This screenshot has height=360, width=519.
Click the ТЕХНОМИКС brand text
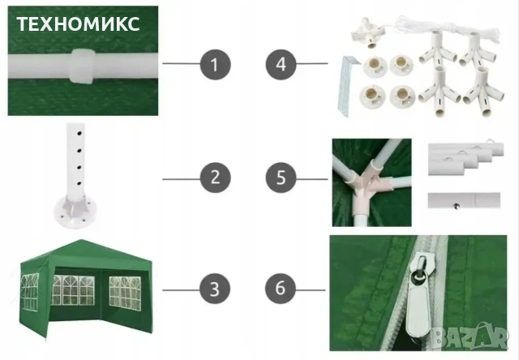point(78,24)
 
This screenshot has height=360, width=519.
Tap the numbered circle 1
point(215,65)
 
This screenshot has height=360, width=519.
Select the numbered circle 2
point(215,178)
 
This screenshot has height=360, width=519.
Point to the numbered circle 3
point(214,289)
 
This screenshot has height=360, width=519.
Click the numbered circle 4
point(281,65)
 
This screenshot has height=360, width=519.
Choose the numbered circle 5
point(281,178)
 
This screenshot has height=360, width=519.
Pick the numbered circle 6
point(280,288)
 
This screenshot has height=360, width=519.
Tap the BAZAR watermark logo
point(470,336)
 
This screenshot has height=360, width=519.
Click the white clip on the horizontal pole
point(81,66)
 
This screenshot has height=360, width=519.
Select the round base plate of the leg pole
point(75,211)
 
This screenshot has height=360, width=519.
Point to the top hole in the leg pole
point(79,134)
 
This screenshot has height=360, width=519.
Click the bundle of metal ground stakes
point(348,86)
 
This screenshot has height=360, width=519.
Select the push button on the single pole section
point(457,206)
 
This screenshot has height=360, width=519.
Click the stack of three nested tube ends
point(465,158)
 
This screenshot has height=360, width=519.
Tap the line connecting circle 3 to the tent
point(181,290)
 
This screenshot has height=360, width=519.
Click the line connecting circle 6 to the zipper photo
point(311,290)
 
